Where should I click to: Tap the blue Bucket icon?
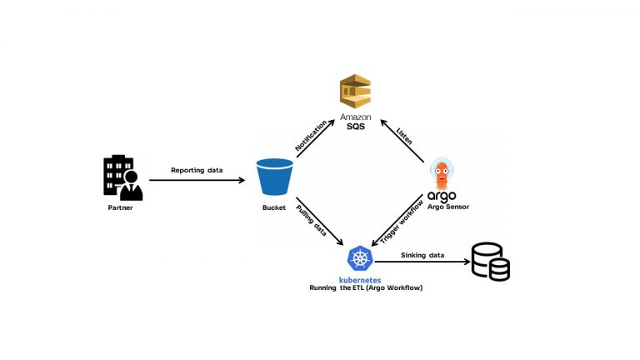(275, 177)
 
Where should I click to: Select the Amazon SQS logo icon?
(355, 91)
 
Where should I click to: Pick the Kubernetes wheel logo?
(360, 257)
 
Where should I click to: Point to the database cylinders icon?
(490, 261)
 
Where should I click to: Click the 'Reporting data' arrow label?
(197, 170)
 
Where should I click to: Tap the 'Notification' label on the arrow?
(310, 136)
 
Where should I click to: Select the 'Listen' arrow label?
(405, 136)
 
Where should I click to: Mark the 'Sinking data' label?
(422, 254)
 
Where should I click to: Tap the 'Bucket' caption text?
(274, 207)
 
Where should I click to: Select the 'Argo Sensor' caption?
(448, 207)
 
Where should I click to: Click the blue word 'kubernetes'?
(360, 279)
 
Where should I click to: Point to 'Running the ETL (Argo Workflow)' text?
(360, 287)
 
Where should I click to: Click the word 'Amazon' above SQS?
(355, 117)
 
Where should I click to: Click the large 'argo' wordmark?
(442, 196)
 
